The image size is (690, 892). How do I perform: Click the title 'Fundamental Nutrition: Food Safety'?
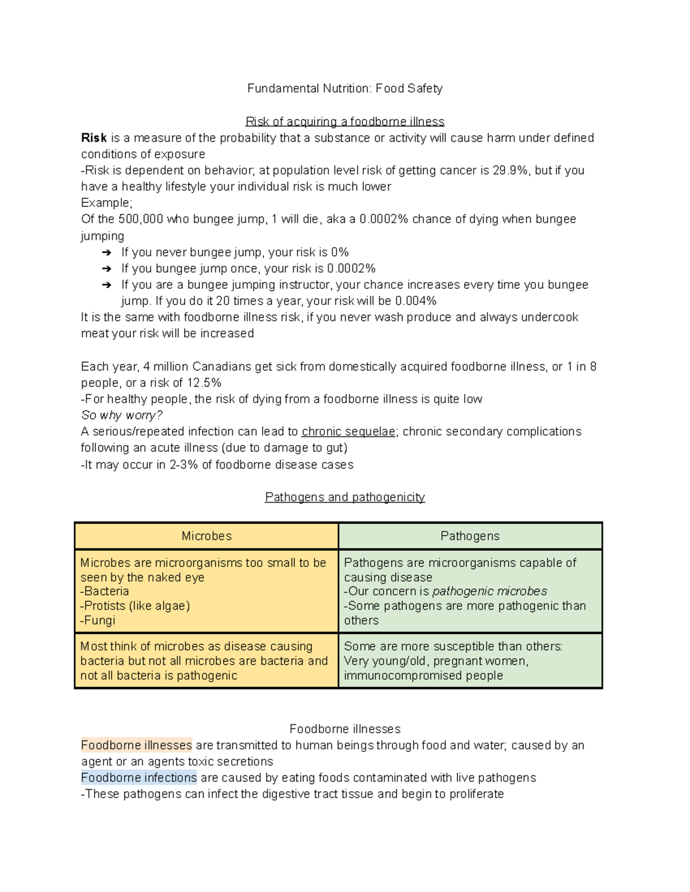pos(344,88)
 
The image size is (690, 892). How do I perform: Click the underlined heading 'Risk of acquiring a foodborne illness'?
pos(344,122)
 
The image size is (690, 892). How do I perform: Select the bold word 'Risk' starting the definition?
pos(94,138)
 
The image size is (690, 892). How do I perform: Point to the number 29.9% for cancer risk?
pos(510,171)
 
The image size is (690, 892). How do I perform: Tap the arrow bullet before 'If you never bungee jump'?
pos(106,253)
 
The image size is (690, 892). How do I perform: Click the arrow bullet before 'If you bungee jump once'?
pos(106,269)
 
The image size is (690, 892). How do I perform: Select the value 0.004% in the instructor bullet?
pos(416,301)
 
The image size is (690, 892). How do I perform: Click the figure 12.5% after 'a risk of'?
pos(204,383)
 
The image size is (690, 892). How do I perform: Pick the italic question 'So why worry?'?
pos(122,415)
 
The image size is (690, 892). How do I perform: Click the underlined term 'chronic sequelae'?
pos(348,432)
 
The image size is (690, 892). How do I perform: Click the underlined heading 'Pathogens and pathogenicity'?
pos(344,497)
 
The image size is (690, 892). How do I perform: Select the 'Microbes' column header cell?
pos(206,536)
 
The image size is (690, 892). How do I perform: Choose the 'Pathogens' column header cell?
pos(470,536)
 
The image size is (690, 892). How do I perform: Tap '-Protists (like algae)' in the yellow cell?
pos(135,606)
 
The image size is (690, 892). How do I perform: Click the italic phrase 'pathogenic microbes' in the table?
pos(489,592)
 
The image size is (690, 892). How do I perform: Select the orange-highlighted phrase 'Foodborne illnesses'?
pos(136,746)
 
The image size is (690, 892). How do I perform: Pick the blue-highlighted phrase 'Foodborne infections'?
pos(139,778)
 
